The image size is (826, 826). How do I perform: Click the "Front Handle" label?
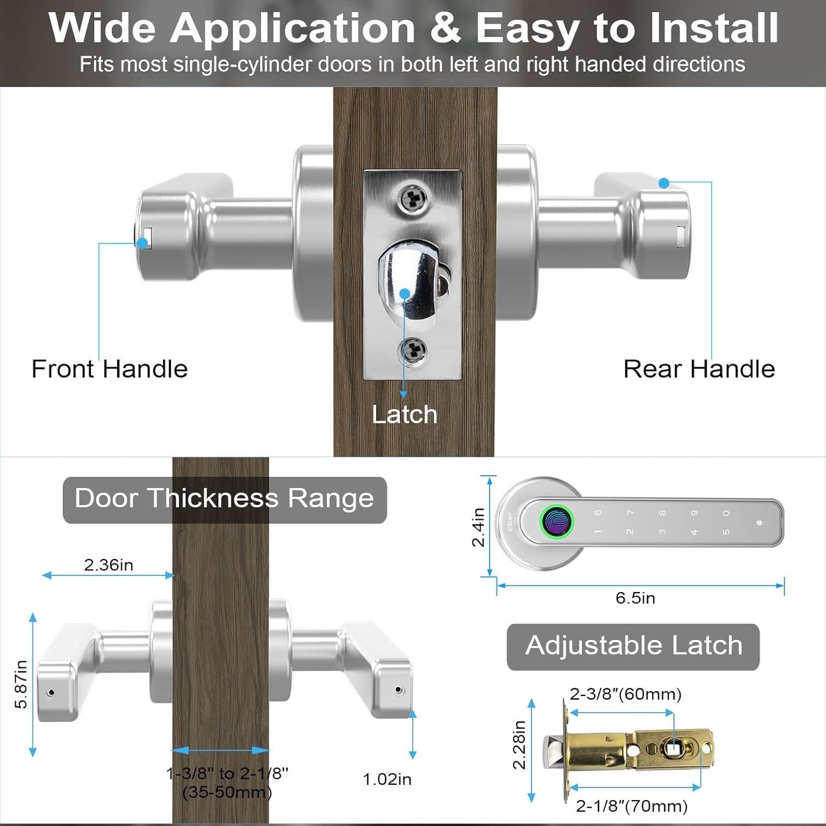point(110,369)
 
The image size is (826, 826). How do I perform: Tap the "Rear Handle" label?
point(699,369)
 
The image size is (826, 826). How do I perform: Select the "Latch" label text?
point(404,415)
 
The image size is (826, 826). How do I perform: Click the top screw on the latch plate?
point(412,198)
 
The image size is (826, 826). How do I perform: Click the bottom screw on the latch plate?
point(412,350)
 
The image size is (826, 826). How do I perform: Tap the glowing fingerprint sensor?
point(557,520)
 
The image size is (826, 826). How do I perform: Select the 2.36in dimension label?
point(108,565)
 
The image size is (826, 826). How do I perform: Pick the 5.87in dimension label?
point(21,684)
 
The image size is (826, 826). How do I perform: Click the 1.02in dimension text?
point(387,779)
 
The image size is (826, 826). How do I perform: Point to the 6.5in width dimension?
point(635,598)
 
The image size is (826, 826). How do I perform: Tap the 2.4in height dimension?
point(478,527)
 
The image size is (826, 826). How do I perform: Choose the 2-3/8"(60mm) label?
point(626,694)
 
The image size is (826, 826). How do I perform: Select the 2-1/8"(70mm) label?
point(632,806)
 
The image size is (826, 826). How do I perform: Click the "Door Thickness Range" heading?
point(225,499)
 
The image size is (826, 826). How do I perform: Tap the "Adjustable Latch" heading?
point(633,646)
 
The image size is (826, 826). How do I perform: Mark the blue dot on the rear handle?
point(664,183)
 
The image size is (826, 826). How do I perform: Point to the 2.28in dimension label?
point(519,745)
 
